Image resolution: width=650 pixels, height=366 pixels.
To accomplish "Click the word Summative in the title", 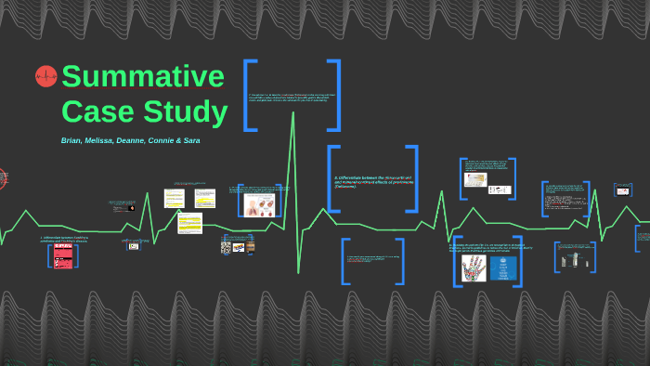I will [143, 76].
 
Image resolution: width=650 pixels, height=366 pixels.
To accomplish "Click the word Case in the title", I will [98, 111].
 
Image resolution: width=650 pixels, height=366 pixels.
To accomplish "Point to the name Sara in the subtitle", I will [191, 140].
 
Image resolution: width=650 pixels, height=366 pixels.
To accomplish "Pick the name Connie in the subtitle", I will [159, 140].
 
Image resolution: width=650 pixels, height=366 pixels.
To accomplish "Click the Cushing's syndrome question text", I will [63, 239].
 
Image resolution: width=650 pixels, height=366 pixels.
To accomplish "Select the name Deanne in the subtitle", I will [128, 140].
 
